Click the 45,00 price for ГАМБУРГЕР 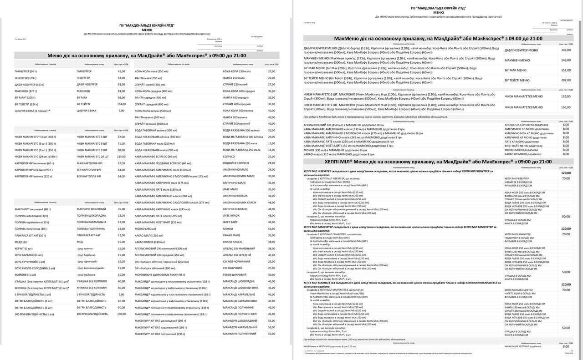[x=121, y=71]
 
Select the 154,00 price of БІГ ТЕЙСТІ [x=121, y=104]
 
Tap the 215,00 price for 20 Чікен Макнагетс [x=121, y=157]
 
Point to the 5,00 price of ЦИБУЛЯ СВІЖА [x=121, y=111]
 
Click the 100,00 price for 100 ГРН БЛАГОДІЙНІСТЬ [x=121, y=314]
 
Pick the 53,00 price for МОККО [x=271, y=229]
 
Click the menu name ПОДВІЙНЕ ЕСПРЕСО [x=235, y=163]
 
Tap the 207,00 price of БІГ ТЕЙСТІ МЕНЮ [x=566, y=80]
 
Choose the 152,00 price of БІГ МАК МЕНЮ [x=566, y=70]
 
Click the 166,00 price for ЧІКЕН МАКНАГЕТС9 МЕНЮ [x=566, y=107]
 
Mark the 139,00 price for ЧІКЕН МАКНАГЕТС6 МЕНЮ [x=566, y=96]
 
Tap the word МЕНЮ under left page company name [x=147, y=30]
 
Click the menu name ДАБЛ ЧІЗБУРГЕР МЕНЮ [x=521, y=50]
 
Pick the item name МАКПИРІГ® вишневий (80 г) [x=32, y=209]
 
